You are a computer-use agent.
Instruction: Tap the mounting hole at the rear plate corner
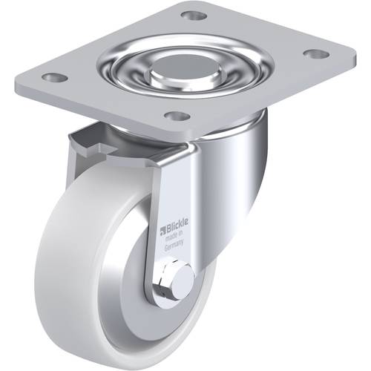[x=193, y=15]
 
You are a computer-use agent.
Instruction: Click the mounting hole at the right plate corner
[x=315, y=54]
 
